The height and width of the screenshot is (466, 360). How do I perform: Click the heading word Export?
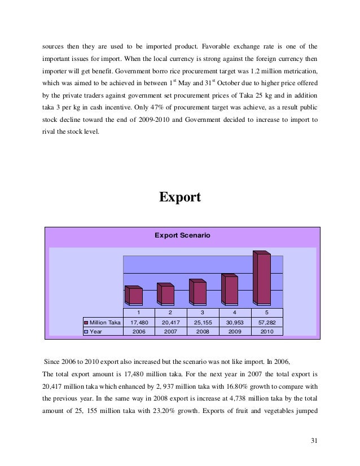180,197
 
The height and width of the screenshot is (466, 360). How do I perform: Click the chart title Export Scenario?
182,235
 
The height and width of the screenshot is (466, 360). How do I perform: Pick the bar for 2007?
166,294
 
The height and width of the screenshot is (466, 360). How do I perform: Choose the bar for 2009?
231,288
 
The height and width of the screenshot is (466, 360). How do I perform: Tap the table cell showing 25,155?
203,322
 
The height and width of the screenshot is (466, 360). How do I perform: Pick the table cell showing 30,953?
235,322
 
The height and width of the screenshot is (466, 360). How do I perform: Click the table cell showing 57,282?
267,322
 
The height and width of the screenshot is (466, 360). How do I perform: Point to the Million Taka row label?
106,322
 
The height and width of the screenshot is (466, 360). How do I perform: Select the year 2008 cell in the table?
203,332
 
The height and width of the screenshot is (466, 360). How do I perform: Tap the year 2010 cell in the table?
267,332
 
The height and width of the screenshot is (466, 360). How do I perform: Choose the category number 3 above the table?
203,313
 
